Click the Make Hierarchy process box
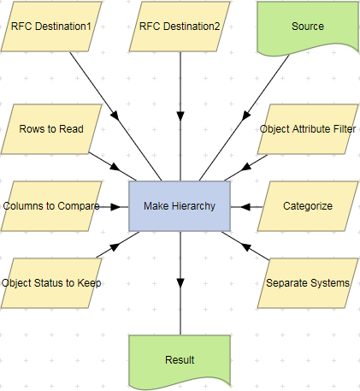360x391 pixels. click(180, 206)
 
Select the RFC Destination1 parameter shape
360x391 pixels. click(51, 27)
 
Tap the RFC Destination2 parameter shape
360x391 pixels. click(180, 27)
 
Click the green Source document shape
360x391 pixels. click(308, 27)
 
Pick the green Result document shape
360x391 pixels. click(180, 359)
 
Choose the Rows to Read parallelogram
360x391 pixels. click(51, 129)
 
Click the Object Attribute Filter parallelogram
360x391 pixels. click(308, 129)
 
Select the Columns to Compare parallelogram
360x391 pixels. click(51, 206)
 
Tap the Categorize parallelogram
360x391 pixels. click(308, 206)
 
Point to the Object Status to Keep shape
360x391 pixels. click(51, 283)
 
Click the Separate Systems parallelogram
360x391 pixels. click(308, 283)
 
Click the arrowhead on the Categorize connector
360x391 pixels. click(245, 206)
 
